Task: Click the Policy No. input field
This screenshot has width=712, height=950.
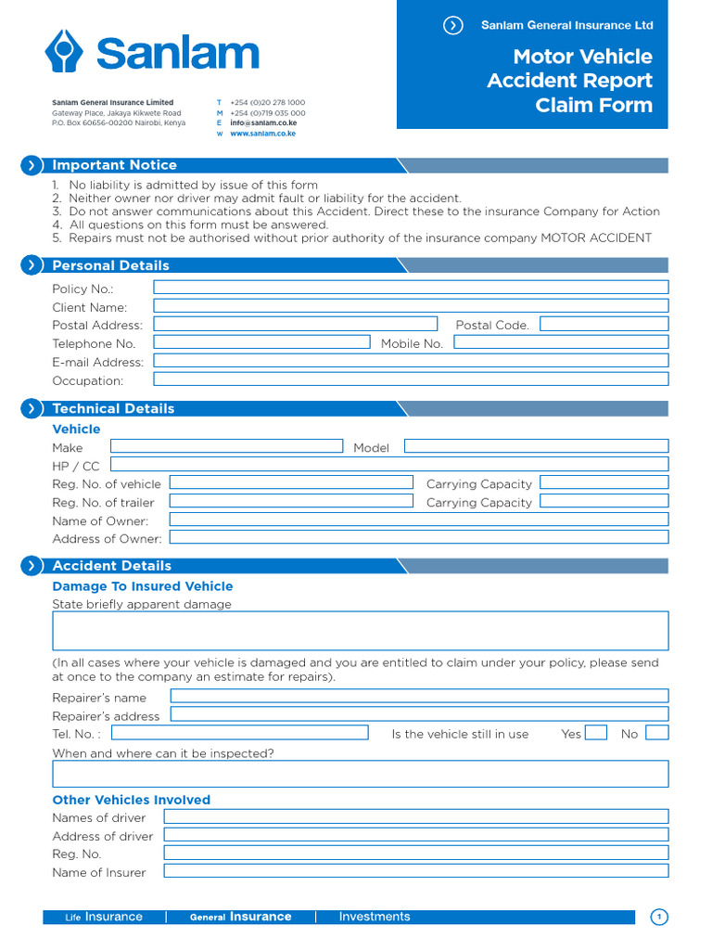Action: point(410,288)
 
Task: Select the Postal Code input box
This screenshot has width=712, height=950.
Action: point(604,324)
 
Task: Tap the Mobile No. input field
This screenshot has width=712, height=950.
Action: point(560,342)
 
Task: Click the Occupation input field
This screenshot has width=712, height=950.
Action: point(410,379)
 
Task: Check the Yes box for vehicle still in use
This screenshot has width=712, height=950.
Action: point(596,733)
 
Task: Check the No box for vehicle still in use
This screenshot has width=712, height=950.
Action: point(656,733)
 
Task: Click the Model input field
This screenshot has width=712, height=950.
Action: point(536,446)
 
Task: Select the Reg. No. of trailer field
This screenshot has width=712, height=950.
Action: point(291,501)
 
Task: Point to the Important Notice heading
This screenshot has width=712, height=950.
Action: point(114,165)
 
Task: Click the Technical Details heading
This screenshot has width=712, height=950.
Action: point(113,408)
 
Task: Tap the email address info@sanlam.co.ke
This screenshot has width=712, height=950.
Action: point(263,122)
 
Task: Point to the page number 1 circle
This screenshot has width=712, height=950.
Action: point(659,918)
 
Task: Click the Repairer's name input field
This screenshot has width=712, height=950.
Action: point(419,696)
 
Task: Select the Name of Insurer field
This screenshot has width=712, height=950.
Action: point(415,871)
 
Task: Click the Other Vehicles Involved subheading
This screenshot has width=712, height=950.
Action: point(132,800)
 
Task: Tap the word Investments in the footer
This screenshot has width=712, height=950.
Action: point(374,917)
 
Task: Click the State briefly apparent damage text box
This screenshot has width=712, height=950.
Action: point(360,631)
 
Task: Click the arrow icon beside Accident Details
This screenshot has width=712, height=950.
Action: point(32,566)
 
